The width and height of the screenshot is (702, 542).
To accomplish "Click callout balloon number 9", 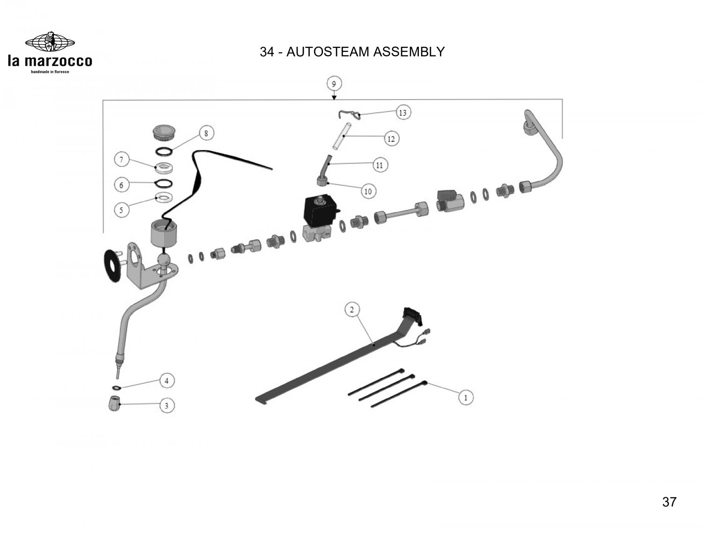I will [x=334, y=84].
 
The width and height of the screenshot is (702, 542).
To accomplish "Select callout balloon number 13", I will [x=402, y=112].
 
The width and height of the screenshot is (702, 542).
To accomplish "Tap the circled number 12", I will [x=391, y=139].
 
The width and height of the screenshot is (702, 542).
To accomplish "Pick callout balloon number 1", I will [x=466, y=398].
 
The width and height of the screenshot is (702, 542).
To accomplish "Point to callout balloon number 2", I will [x=352, y=309].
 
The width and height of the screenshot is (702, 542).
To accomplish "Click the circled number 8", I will [x=206, y=133].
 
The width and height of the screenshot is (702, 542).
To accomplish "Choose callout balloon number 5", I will [x=121, y=210].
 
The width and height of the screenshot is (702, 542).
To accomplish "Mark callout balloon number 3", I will [x=167, y=405].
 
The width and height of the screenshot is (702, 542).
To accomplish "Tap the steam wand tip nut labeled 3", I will [x=114, y=403].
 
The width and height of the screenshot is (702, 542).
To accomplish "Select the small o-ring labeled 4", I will [x=115, y=387].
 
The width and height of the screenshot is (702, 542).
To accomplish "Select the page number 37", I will [x=669, y=502].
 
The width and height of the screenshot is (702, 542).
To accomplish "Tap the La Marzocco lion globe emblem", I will [x=50, y=42].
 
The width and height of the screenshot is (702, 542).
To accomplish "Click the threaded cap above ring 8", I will [x=164, y=131].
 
